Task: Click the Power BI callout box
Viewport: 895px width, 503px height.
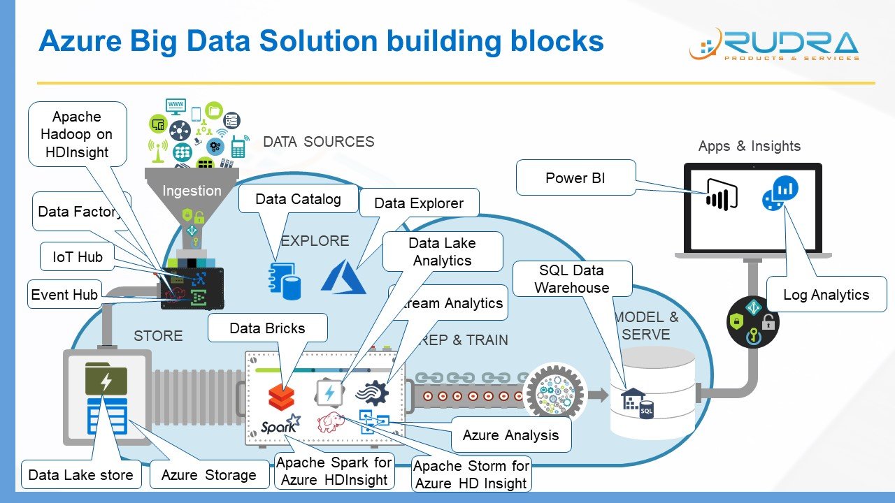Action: (x=575, y=178)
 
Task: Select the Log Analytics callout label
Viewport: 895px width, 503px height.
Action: (x=826, y=294)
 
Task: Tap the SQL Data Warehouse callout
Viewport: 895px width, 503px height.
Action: (x=572, y=279)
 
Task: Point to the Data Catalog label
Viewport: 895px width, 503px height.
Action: (x=298, y=199)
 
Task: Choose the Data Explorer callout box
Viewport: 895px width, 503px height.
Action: (x=419, y=203)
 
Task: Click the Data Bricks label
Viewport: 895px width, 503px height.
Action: (x=267, y=328)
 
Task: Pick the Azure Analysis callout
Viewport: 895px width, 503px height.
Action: (x=510, y=435)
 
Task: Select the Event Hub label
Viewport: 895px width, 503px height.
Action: (x=64, y=295)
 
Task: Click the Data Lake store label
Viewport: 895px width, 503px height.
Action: (x=80, y=475)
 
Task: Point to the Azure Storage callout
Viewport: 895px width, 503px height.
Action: (x=208, y=475)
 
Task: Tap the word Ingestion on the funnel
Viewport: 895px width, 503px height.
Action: (x=192, y=191)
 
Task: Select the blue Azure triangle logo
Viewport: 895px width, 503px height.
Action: (x=343, y=275)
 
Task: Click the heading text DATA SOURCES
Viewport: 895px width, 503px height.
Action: (x=318, y=142)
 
